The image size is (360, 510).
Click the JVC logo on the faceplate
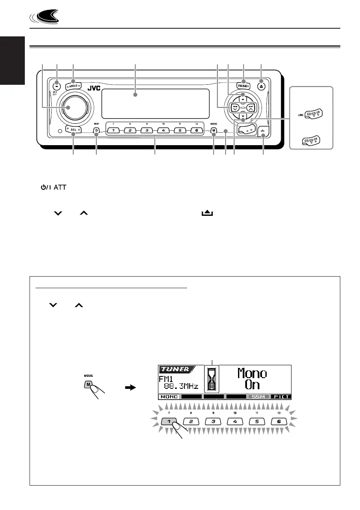pyautogui.click(x=94, y=89)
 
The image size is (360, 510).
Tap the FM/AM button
pyautogui.click(x=243, y=85)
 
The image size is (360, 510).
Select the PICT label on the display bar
pyautogui.click(x=281, y=397)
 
